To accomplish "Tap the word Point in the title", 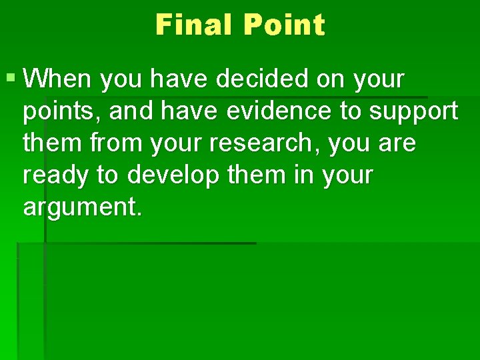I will tap(284, 25).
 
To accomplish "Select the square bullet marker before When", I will tap(11, 79).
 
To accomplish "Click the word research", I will tap(253, 143).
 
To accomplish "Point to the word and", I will tap(131, 111).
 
